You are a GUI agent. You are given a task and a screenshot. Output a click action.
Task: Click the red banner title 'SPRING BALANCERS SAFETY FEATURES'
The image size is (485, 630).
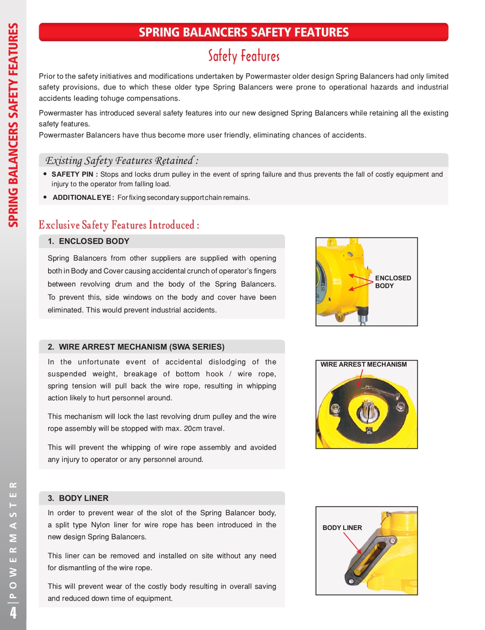(243, 32)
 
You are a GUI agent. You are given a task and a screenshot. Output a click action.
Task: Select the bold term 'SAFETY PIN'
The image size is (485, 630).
(72, 174)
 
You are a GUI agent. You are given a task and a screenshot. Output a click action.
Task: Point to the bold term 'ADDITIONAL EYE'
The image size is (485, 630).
(82, 198)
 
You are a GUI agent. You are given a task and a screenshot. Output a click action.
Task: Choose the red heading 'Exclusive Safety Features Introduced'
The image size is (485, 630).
(119, 225)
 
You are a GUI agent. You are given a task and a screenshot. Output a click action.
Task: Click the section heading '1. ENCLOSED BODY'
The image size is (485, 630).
(89, 241)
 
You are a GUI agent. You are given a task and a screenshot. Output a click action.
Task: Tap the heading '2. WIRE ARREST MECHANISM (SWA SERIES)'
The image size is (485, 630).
(136, 347)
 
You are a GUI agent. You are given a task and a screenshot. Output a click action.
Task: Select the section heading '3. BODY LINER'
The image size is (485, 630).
(78, 498)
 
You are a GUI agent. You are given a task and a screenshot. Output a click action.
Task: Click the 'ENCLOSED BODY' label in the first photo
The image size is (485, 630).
(393, 282)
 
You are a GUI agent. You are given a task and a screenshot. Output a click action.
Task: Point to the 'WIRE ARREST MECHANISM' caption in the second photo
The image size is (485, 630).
(363, 364)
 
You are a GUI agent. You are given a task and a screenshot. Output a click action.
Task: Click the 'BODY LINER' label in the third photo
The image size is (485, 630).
(342, 528)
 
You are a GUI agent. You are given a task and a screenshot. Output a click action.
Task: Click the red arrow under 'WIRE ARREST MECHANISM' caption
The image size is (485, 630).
(360, 378)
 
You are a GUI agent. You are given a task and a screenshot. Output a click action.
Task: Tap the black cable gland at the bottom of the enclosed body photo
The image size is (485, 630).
(363, 311)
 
